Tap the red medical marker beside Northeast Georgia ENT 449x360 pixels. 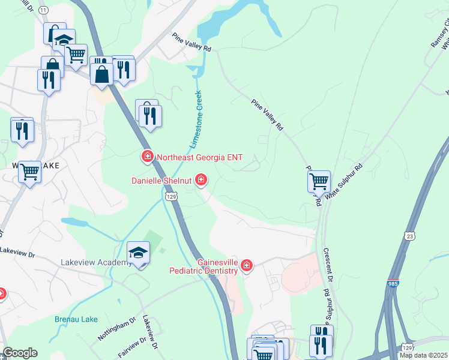click(146, 157)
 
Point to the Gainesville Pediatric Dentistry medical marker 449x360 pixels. click(246, 265)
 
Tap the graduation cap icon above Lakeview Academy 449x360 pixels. click(138, 253)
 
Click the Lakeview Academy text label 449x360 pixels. click(96, 263)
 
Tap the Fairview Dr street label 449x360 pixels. click(132, 346)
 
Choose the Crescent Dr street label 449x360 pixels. click(328, 263)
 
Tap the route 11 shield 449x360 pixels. click(43, 10)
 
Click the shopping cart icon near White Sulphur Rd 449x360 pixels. click(319, 181)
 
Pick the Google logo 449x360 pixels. click(20, 353)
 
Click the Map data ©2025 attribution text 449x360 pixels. click(423, 355)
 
